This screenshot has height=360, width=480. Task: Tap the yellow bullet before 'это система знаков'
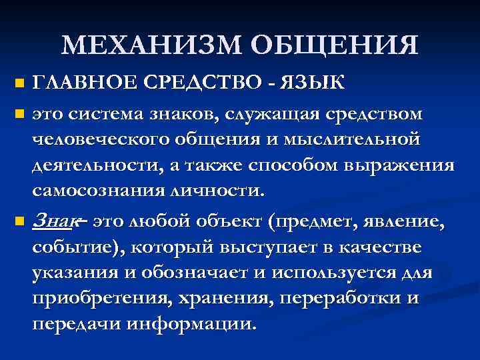point(19,113)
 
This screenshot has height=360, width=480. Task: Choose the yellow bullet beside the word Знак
point(19,220)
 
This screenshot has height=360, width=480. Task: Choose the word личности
point(219,191)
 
